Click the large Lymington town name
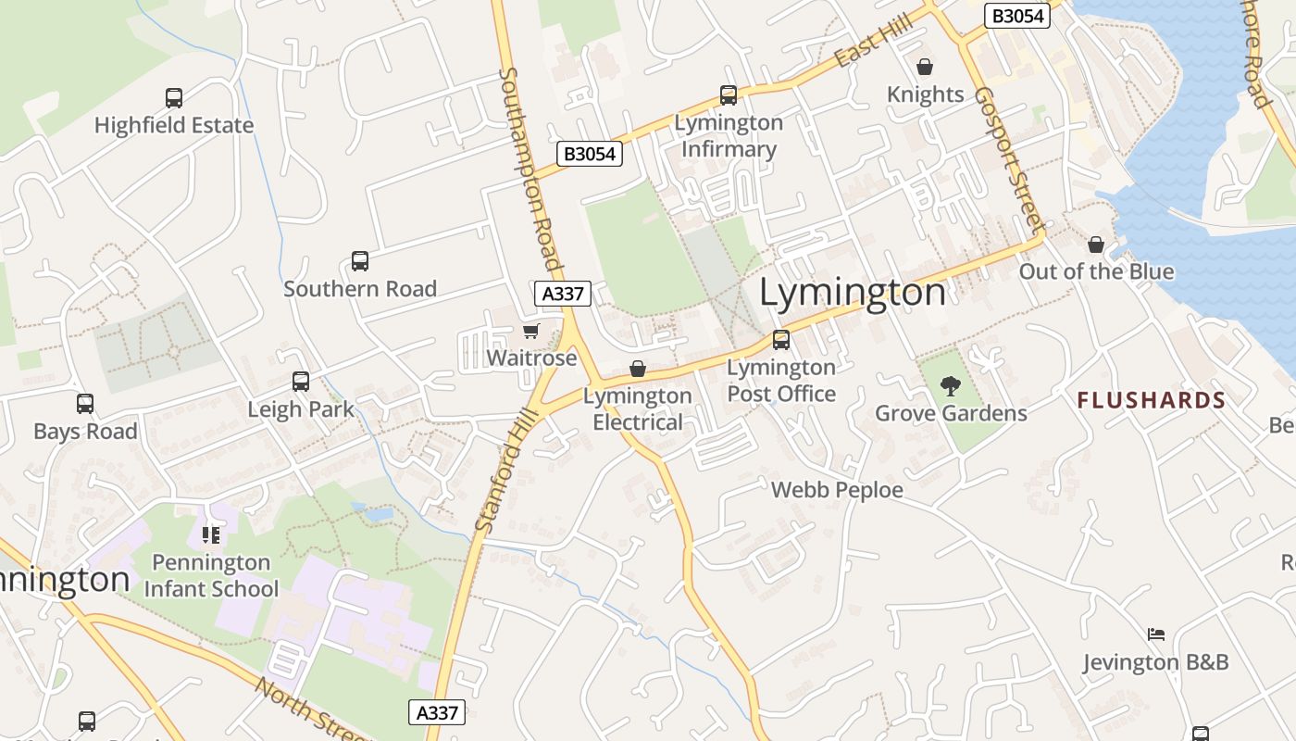click(853, 293)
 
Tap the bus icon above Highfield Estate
click(174, 97)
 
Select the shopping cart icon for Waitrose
click(530, 332)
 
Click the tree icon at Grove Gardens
click(951, 385)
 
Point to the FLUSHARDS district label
click(1152, 400)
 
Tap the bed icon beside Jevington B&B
click(1155, 634)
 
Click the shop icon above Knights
click(924, 67)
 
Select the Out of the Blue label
click(1096, 271)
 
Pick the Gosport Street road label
click(1009, 159)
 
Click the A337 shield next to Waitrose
click(563, 294)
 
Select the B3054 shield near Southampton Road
click(590, 154)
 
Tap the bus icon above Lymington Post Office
click(781, 340)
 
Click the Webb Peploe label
click(837, 490)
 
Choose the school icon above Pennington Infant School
click(211, 534)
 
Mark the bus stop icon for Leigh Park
click(301, 382)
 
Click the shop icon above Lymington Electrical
click(638, 369)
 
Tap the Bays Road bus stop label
click(85, 432)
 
